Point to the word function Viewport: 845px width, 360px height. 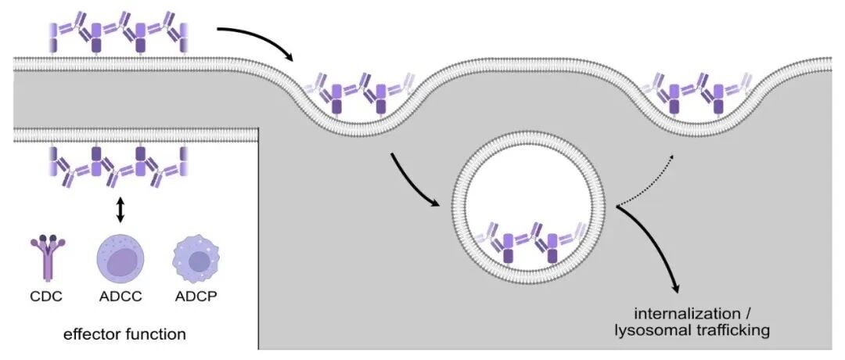tap(156, 334)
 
